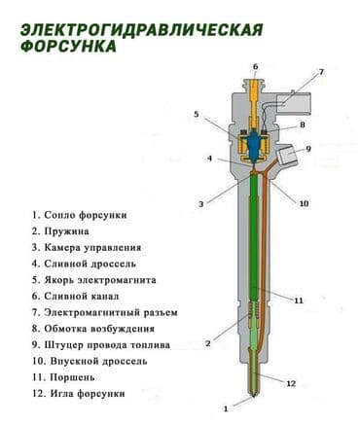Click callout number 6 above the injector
click(x=255, y=67)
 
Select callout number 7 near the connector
click(x=321, y=72)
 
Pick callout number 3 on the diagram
click(x=200, y=203)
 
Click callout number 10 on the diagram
click(x=304, y=203)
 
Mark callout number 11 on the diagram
click(x=299, y=300)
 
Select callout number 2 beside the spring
click(x=208, y=344)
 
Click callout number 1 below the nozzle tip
click(x=226, y=407)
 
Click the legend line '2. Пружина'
click(x=60, y=231)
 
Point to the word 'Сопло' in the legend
click(x=62, y=215)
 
